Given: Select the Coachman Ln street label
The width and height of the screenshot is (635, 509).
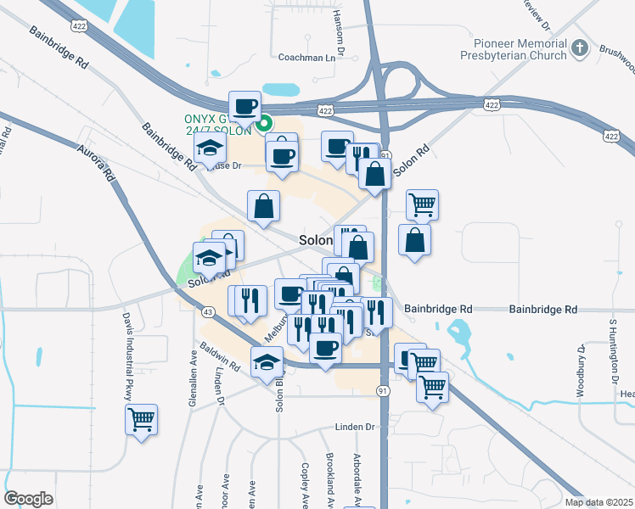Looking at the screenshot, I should [x=307, y=58].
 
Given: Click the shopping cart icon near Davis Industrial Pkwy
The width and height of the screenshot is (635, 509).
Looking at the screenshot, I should [x=141, y=419].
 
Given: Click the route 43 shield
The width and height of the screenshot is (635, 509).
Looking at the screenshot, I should [x=208, y=312].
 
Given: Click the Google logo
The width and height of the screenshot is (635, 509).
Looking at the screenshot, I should [x=28, y=499].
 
